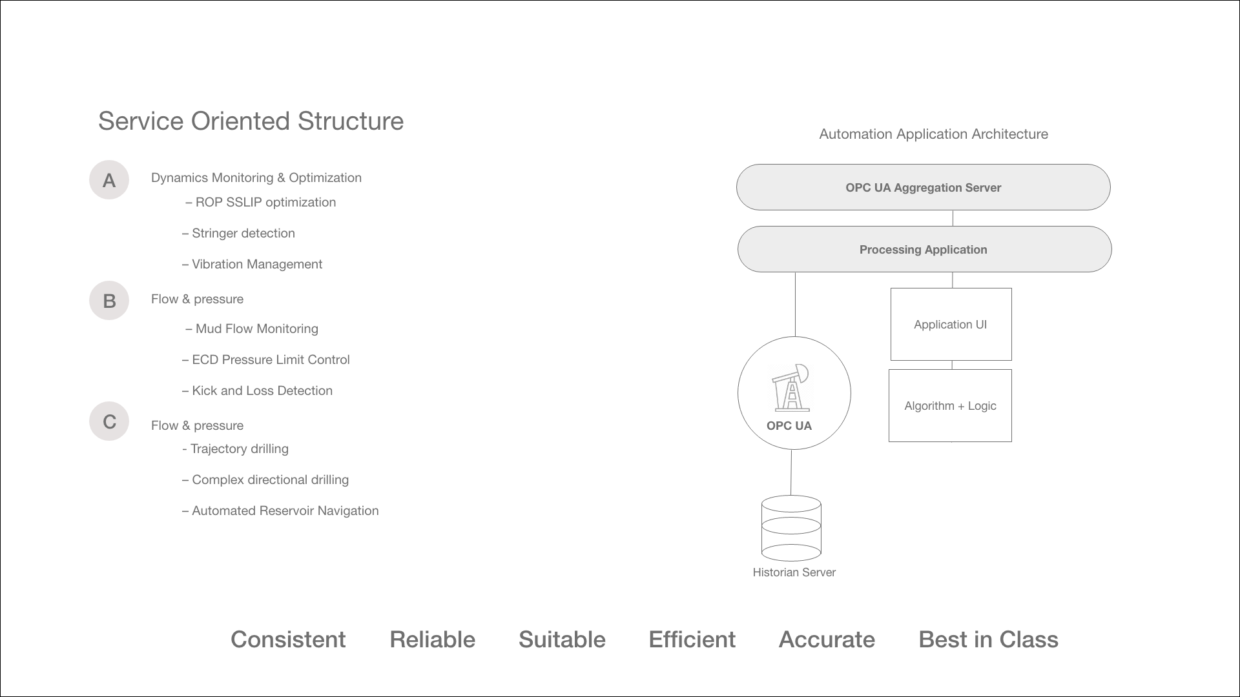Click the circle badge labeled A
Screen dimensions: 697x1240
coord(109,180)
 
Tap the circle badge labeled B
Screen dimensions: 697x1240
coord(109,301)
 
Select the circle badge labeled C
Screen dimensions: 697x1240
coord(109,421)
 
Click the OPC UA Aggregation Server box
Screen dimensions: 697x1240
coord(923,187)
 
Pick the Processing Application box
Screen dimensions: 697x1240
coord(924,249)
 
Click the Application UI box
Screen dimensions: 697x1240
coord(951,324)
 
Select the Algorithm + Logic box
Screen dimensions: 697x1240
coord(950,405)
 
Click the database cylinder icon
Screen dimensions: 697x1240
coord(791,528)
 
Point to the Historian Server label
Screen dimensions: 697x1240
coord(794,572)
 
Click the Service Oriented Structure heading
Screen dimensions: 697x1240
coord(251,121)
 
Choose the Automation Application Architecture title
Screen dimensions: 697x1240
coord(933,134)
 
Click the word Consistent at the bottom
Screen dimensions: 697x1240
coord(288,640)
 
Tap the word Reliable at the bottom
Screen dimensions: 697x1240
coord(432,640)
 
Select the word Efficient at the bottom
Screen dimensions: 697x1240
coord(692,640)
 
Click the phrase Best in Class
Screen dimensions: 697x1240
coord(988,640)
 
